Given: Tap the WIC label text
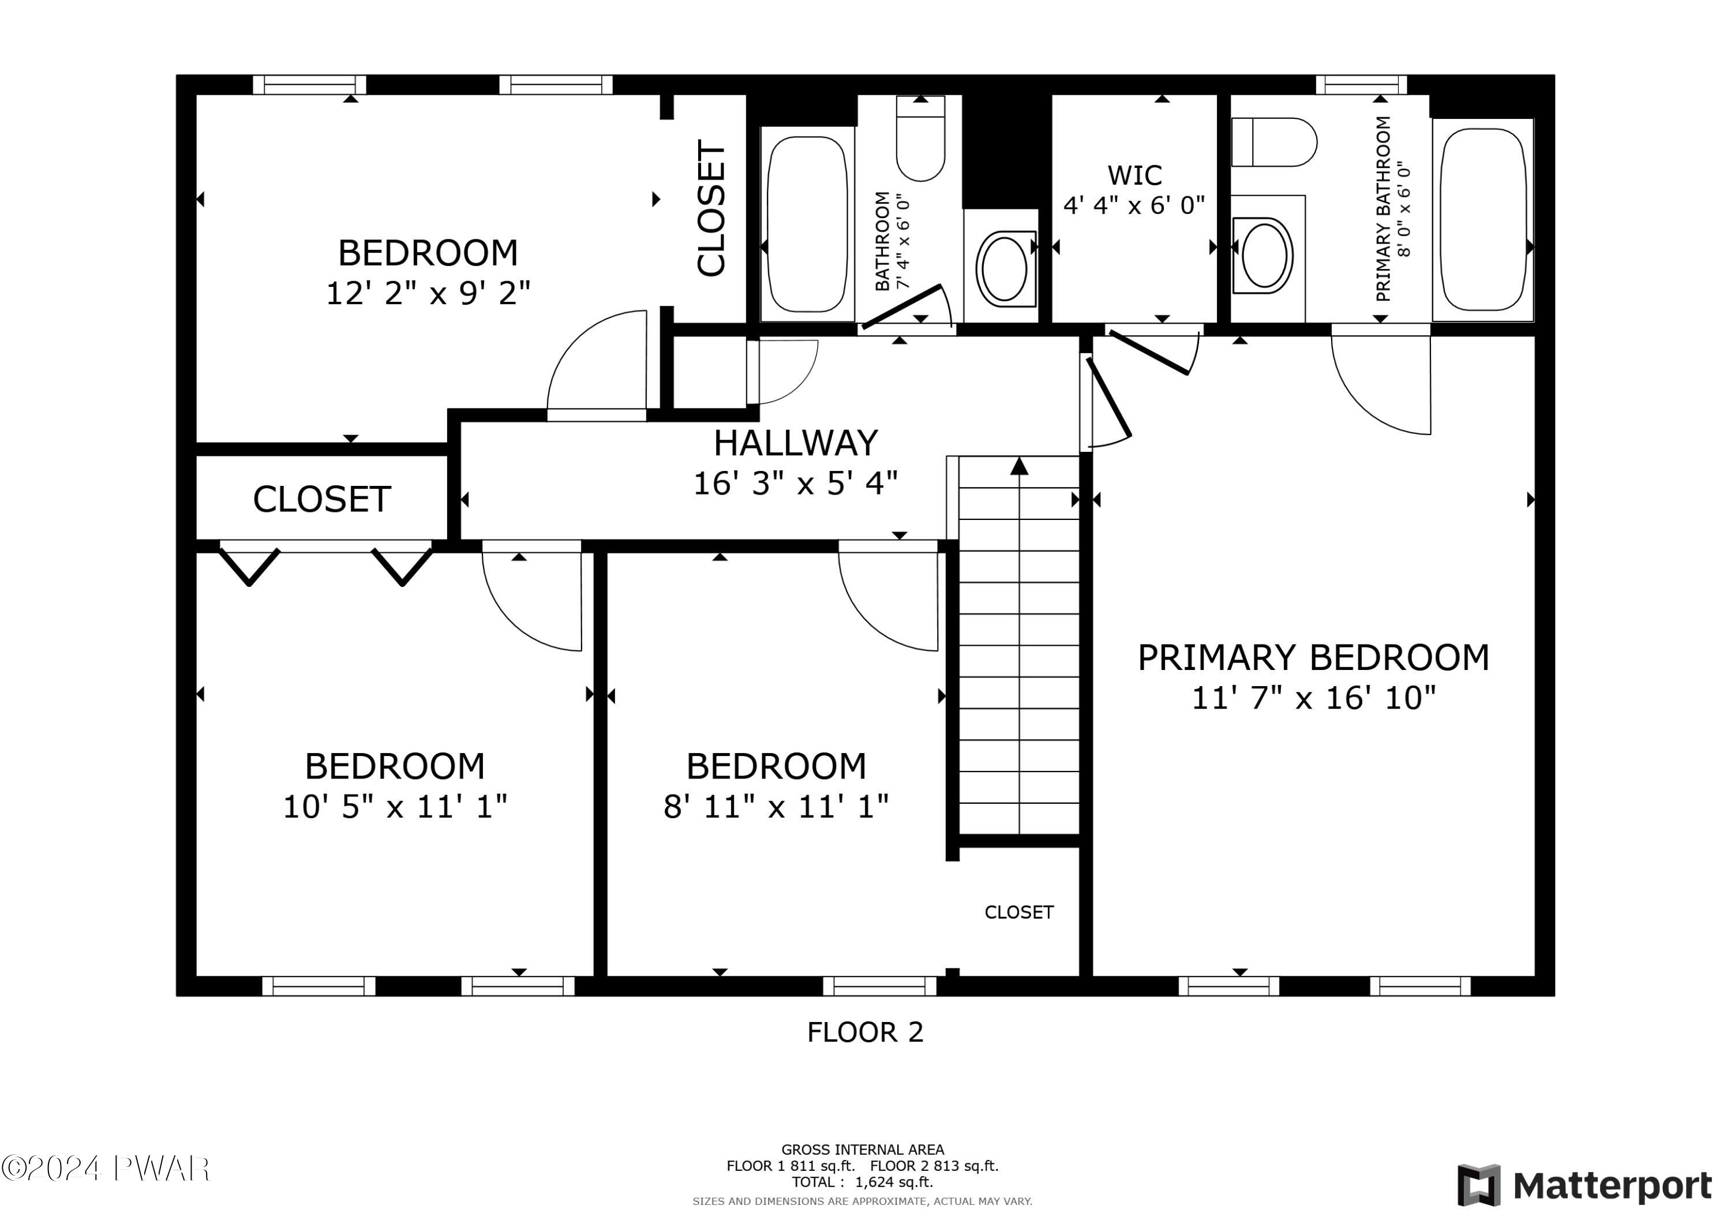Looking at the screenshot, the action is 1134,175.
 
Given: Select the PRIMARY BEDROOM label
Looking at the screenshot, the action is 1313,658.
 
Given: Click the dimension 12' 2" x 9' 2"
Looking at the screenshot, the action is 428,293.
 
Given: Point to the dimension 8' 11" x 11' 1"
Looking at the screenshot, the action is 776,807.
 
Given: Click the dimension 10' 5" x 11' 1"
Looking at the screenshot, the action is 395,807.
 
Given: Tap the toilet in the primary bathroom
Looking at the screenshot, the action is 1274,142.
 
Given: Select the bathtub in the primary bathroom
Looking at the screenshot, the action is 1483,219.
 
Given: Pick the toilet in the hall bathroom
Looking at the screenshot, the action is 920,139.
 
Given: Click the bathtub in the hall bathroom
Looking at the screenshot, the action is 807,224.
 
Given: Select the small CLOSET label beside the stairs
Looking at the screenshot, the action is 1018,912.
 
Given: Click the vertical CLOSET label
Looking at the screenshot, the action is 711,208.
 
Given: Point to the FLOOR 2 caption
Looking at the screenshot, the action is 865,1032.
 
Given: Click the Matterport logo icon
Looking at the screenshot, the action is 1478,1185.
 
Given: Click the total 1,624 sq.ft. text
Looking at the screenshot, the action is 863,1182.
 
